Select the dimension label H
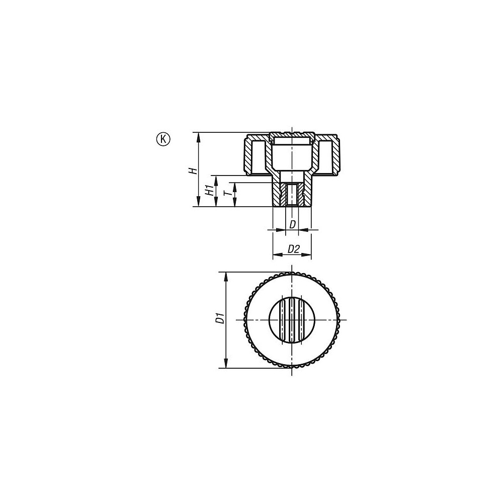click(x=192, y=171)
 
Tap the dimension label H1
click(x=209, y=191)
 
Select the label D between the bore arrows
click(x=292, y=224)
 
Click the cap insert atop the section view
click(x=292, y=138)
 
